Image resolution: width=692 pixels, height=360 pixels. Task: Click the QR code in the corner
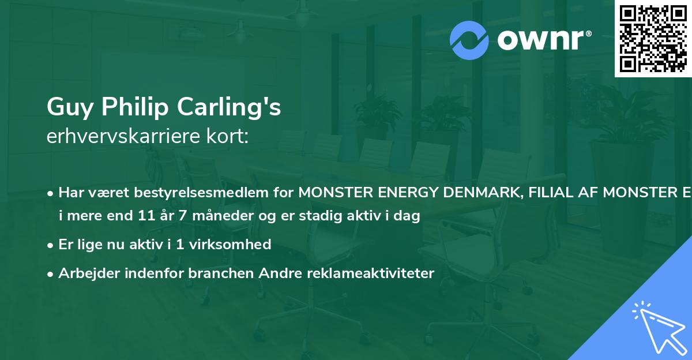653,39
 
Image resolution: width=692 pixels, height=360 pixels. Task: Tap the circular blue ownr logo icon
469,40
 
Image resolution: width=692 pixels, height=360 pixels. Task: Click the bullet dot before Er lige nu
51,245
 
